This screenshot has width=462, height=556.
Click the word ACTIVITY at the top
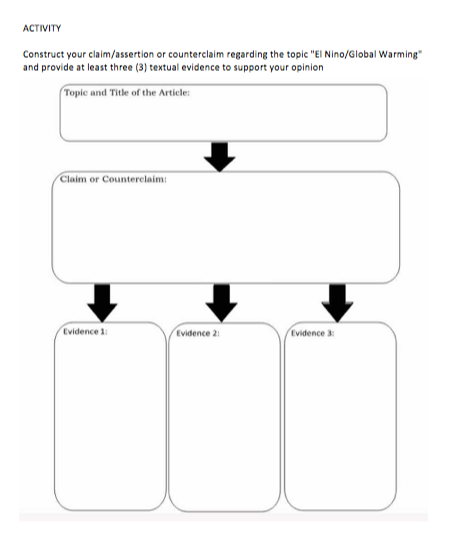pyautogui.click(x=42, y=28)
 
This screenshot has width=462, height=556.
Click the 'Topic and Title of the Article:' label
pyautogui.click(x=127, y=93)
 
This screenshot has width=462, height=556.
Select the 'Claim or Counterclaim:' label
pyautogui.click(x=113, y=179)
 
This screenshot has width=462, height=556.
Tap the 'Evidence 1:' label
pyautogui.click(x=85, y=331)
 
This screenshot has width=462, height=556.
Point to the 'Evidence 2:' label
pyautogui.click(x=198, y=333)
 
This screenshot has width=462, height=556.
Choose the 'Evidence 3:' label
pyautogui.click(x=312, y=333)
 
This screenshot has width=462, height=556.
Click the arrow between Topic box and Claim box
pyautogui.click(x=219, y=157)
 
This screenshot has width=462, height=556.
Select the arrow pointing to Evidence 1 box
pyautogui.click(x=102, y=303)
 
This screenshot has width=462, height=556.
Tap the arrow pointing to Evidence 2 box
pyautogui.click(x=222, y=303)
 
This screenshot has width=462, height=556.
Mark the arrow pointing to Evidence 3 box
pyautogui.click(x=337, y=303)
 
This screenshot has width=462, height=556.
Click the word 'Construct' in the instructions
pyautogui.click(x=44, y=54)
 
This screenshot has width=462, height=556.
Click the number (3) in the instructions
pyautogui.click(x=141, y=67)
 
